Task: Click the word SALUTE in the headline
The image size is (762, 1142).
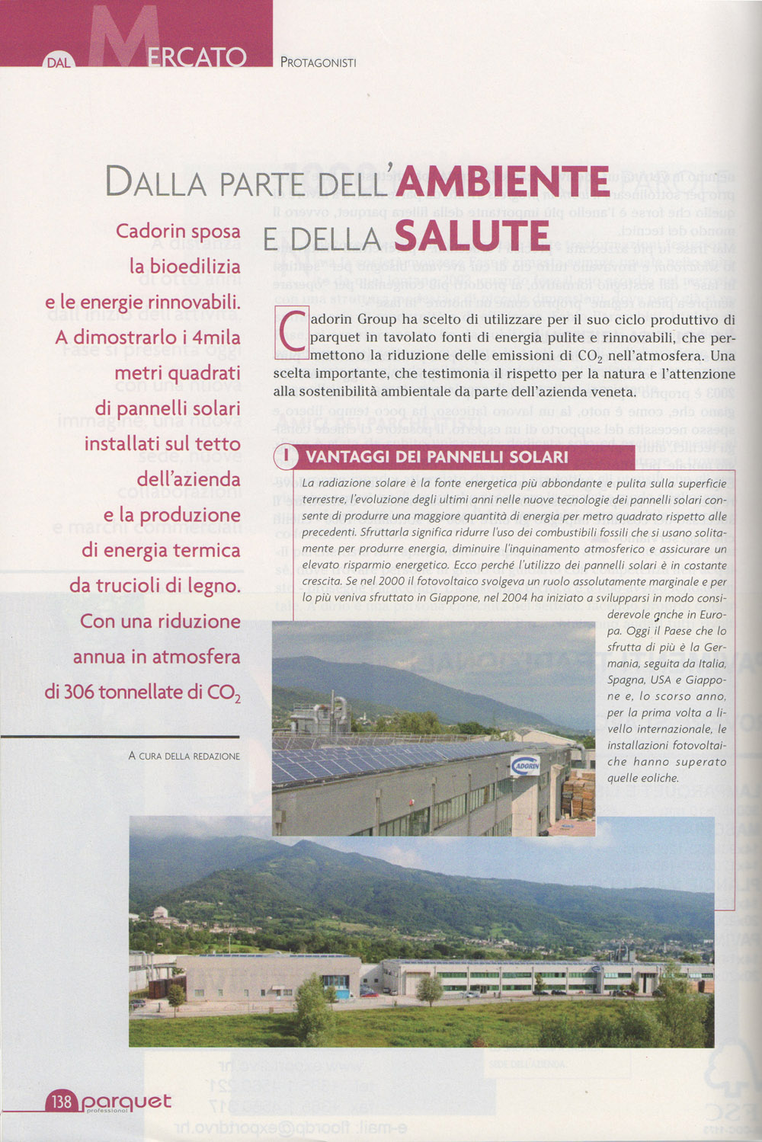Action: point(472,236)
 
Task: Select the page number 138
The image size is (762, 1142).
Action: point(61,1101)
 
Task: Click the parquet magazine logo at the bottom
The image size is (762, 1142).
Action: point(126,1102)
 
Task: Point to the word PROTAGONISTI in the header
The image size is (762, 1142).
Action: point(318,62)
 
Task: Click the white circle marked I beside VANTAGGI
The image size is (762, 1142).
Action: point(287,456)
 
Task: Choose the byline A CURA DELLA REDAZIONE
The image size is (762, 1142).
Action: point(184,756)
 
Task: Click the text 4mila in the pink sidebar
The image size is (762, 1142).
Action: point(216,337)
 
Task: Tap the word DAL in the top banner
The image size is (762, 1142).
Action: point(59,62)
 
